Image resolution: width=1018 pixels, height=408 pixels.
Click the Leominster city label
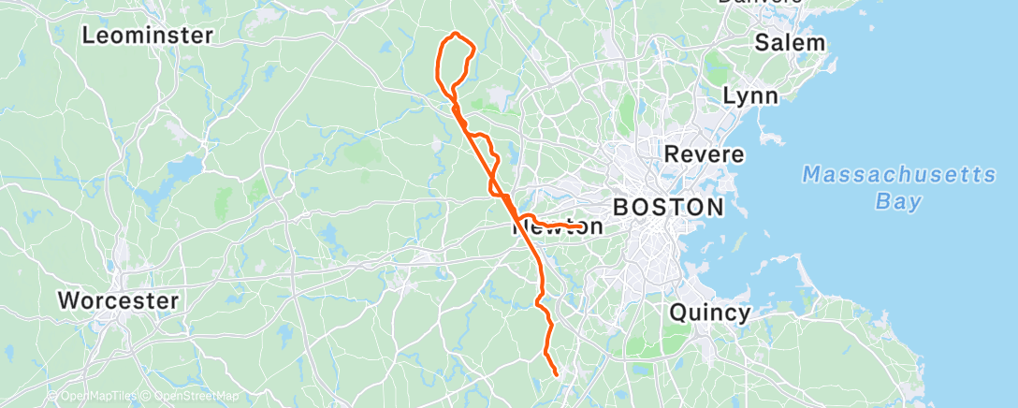pyautogui.click(x=148, y=36)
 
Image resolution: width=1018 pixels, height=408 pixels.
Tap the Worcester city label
pyautogui.click(x=118, y=301)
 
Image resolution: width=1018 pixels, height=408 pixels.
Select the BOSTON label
pyautogui.click(x=668, y=207)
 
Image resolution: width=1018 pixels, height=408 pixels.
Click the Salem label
pyautogui.click(x=790, y=42)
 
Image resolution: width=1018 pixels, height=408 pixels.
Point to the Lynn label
pyautogui.click(x=750, y=96)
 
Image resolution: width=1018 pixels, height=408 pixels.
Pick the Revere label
pyautogui.click(x=704, y=153)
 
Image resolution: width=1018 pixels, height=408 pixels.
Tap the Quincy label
pyautogui.click(x=709, y=313)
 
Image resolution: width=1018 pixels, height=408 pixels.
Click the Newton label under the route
pyautogui.click(x=559, y=227)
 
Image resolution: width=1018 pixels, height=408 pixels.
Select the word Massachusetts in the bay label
pyautogui.click(x=899, y=175)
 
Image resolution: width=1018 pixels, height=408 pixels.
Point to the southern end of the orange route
pyautogui.click(x=557, y=374)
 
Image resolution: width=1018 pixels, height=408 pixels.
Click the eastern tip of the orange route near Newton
pyautogui.click(x=583, y=226)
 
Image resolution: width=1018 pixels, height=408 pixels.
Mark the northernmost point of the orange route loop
pyautogui.click(x=456, y=34)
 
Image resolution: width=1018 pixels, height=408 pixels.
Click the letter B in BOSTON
pyautogui.click(x=621, y=207)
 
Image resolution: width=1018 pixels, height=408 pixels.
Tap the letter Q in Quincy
pyautogui.click(x=677, y=313)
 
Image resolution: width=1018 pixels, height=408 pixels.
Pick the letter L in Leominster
pyautogui.click(x=89, y=36)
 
